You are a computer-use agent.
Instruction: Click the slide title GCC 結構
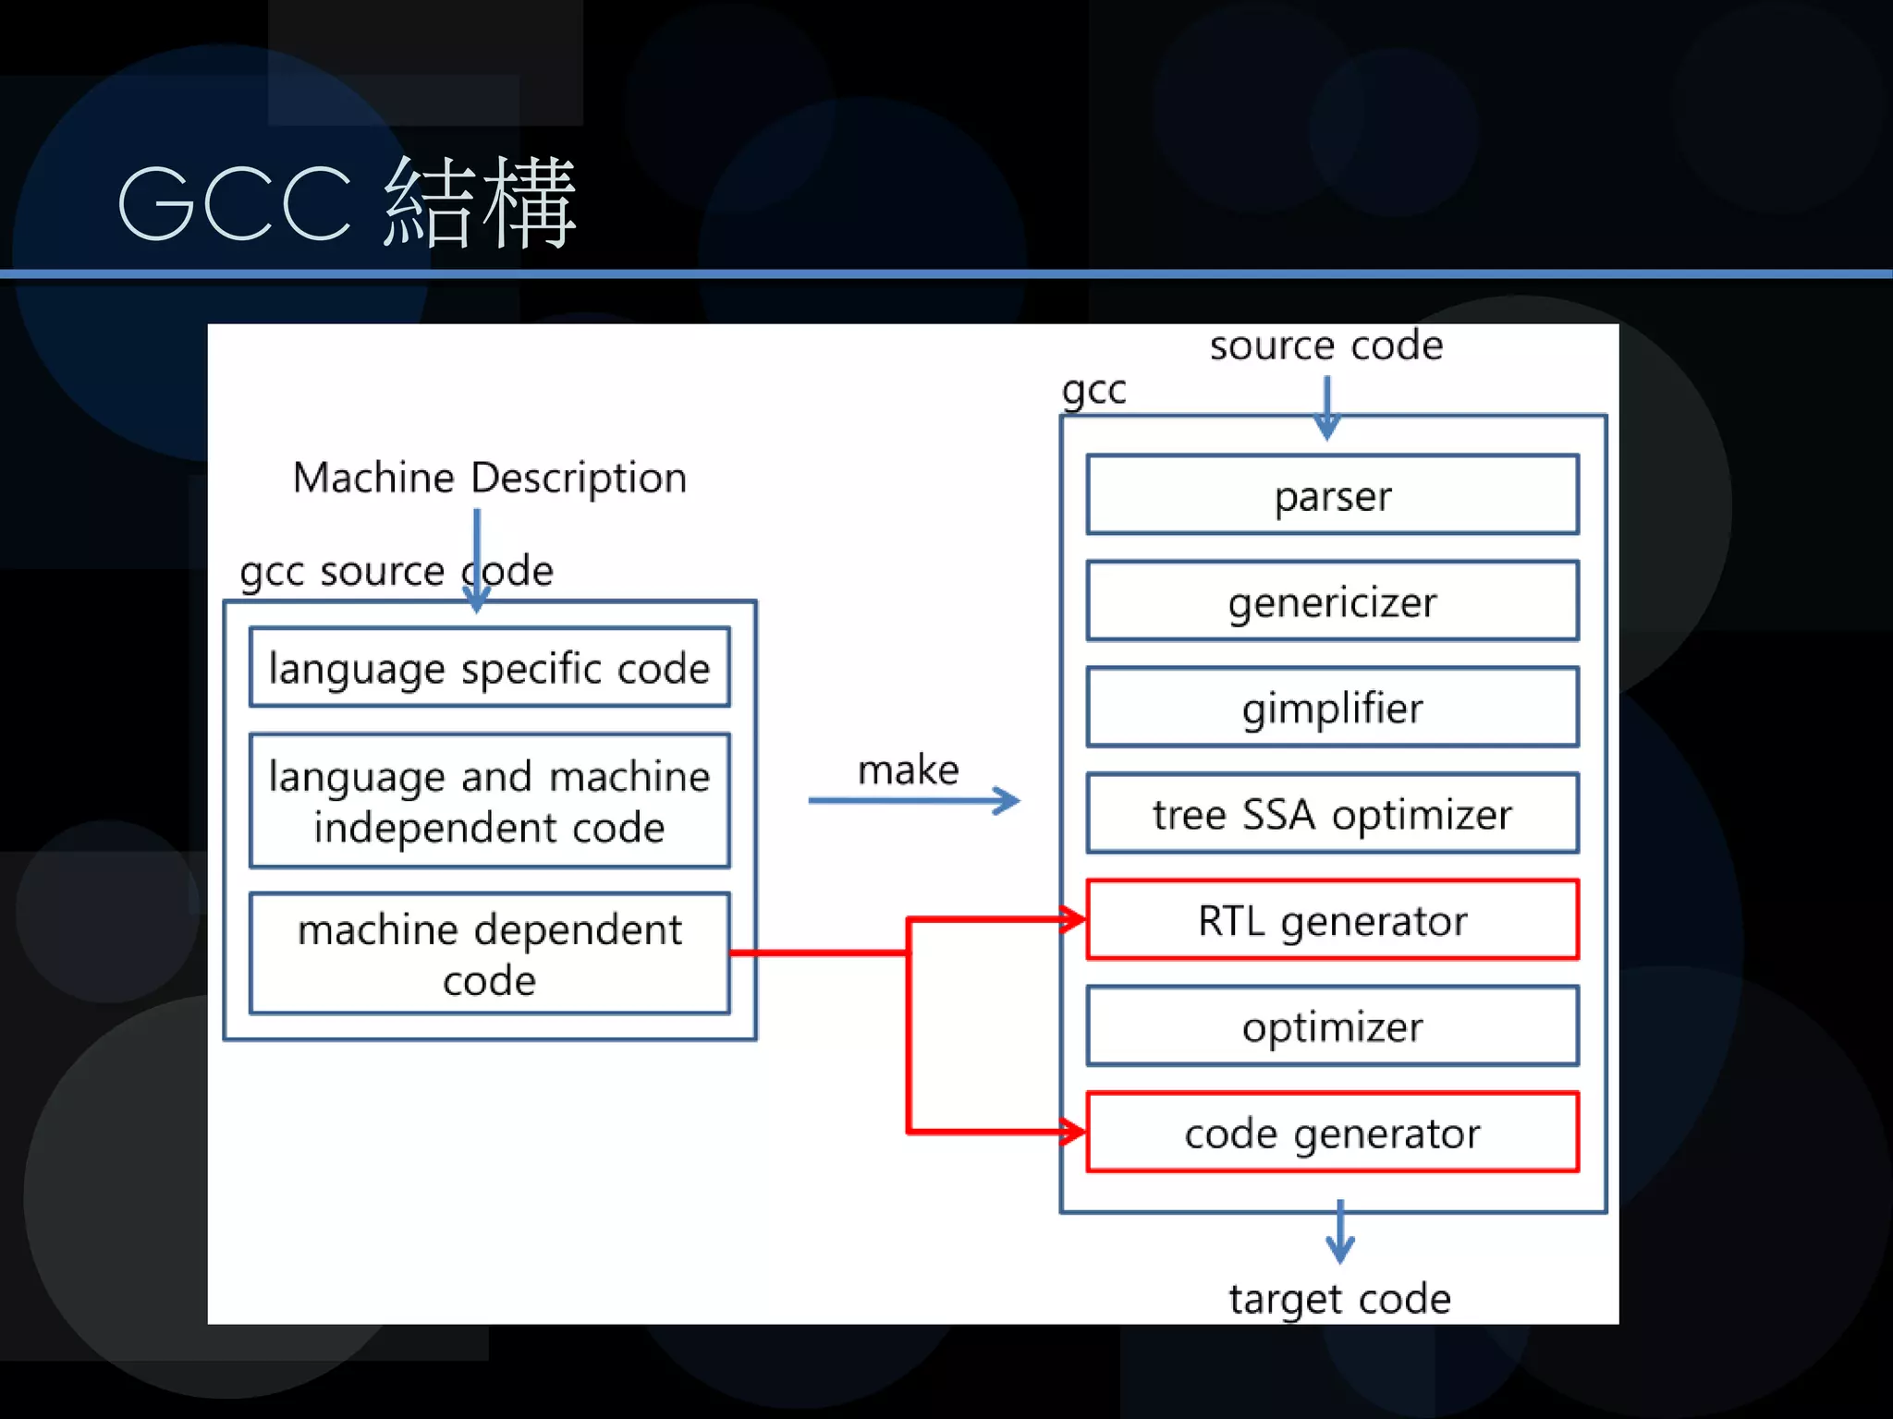(347, 203)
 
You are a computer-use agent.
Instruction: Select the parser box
(1332, 495)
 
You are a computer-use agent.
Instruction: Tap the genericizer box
(1332, 601)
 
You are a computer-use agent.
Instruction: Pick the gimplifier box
(1332, 708)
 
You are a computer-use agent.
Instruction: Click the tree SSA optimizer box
(1332, 814)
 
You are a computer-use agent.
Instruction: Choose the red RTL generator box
(1332, 920)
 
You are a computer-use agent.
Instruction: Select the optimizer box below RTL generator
(1332, 1026)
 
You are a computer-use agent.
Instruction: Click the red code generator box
(1332, 1133)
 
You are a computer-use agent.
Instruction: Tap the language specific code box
(489, 668)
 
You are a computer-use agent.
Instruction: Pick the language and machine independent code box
(489, 801)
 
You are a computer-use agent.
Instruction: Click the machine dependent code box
(489, 953)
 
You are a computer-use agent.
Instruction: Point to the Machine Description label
(489, 478)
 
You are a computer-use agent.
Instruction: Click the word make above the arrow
(908, 770)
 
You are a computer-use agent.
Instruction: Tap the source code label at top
(1325, 346)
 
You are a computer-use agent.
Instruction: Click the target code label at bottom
(1339, 1298)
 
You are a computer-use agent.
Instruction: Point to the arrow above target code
(1339, 1232)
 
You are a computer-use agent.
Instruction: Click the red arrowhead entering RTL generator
(1072, 919)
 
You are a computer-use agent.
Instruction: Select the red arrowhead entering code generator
(1072, 1131)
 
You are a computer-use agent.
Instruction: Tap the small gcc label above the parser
(1093, 390)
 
